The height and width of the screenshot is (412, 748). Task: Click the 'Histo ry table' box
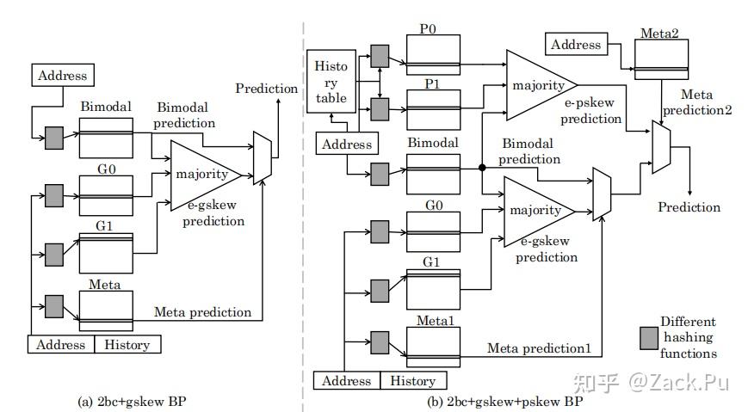coord(331,83)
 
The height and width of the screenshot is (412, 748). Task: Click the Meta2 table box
coord(660,61)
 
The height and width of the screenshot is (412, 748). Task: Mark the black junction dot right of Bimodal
coord(483,168)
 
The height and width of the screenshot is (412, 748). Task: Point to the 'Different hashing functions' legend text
coord(688,337)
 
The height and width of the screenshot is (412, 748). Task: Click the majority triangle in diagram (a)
coord(202,175)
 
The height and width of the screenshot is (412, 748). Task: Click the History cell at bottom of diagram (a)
coord(127,345)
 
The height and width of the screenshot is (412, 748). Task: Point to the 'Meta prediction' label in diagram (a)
coord(202,311)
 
